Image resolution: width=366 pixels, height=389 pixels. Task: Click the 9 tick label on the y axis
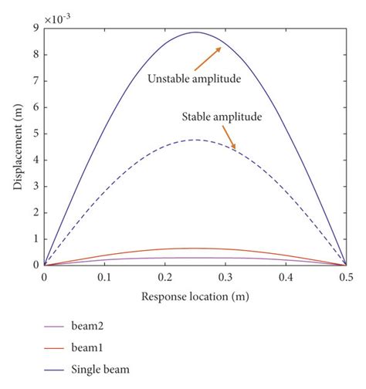point(36,29)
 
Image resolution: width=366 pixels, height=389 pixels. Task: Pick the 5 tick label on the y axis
point(36,134)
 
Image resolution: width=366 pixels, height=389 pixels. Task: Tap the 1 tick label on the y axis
point(36,238)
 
